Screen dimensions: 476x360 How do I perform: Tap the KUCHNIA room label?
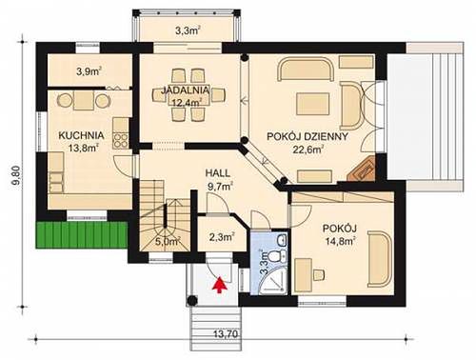coord(81,135)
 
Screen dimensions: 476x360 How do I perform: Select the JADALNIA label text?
coord(186,90)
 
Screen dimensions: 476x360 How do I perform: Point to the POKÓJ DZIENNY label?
coord(307,136)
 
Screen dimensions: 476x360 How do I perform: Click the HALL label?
coord(218,173)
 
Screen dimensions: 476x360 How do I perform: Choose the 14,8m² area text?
coord(340,241)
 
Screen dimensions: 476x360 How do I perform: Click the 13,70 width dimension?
coord(226,334)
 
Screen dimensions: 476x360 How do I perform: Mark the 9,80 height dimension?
coord(18,175)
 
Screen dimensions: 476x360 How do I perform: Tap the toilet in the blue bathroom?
coord(276,255)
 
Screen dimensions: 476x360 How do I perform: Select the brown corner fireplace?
coord(362,169)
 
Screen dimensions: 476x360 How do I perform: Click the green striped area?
coord(82,234)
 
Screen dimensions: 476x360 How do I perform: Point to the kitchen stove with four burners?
coord(121,141)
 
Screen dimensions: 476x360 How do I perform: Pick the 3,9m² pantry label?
coord(89,71)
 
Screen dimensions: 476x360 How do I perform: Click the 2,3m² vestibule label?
coord(222,237)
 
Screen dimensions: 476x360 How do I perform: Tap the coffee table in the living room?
coord(312,104)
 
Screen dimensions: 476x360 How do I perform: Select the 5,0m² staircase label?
coord(168,241)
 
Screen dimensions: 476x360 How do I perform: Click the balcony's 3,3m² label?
coord(188,30)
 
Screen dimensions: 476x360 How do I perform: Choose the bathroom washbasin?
coord(281,240)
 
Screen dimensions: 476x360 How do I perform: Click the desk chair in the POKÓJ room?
coord(319,275)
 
